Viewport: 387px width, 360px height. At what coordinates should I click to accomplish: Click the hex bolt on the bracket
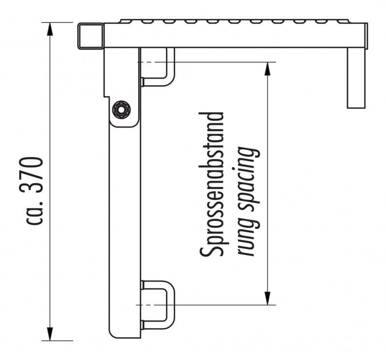pyautogui.click(x=121, y=110)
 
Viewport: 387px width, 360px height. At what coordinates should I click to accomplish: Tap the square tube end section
pyautogui.click(x=90, y=36)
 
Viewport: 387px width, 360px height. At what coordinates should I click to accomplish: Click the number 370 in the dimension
pyautogui.click(x=31, y=175)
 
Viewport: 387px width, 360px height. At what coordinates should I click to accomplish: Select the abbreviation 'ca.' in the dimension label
pyautogui.click(x=34, y=212)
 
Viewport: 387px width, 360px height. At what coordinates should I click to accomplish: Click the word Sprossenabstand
pyautogui.click(x=211, y=185)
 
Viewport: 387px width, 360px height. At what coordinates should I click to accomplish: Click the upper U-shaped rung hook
pyautogui.click(x=158, y=67)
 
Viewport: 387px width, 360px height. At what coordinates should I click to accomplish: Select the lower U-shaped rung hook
pyautogui.click(x=158, y=305)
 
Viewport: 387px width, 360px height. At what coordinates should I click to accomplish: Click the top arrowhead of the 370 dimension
pyautogui.click(x=50, y=29)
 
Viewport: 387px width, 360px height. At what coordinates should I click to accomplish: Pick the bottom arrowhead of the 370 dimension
pyautogui.click(x=50, y=334)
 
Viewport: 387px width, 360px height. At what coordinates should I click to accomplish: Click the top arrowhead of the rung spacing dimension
pyautogui.click(x=268, y=69)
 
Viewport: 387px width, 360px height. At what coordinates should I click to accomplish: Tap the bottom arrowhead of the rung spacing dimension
pyautogui.click(x=268, y=298)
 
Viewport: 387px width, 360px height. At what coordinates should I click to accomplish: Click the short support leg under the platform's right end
pyautogui.click(x=356, y=78)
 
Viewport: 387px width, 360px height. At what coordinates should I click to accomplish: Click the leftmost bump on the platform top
pyautogui.click(x=125, y=21)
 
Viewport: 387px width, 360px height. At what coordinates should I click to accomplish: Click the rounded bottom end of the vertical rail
pyautogui.click(x=125, y=333)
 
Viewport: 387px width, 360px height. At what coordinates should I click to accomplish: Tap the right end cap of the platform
pyautogui.click(x=366, y=36)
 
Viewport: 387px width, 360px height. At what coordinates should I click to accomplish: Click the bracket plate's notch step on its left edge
pyautogui.click(x=106, y=97)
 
